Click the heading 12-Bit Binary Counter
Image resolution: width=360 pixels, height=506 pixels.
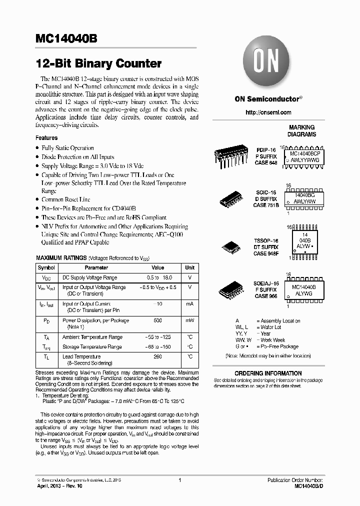click(98, 64)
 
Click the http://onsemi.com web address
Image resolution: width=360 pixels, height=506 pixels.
click(268, 112)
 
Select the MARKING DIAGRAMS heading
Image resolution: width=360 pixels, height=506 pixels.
click(301, 131)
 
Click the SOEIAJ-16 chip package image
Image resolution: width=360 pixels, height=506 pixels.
click(232, 290)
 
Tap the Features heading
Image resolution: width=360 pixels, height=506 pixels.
click(46, 137)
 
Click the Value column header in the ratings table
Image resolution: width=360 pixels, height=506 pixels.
click(157, 267)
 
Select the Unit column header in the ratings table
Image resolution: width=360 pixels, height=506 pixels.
click(190, 267)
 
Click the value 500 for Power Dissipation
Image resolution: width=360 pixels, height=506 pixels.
click(157, 320)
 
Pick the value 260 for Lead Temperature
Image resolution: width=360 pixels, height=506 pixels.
click(157, 356)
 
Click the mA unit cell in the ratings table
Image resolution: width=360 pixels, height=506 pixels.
click(190, 303)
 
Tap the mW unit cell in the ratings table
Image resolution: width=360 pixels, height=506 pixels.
click(190, 320)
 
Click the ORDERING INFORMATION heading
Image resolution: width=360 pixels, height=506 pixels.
click(268, 373)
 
